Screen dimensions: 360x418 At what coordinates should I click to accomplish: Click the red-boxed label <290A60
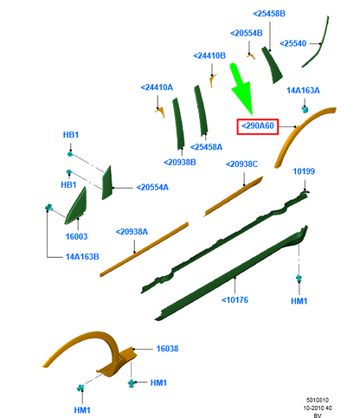tap(258, 126)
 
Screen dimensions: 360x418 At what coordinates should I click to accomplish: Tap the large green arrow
tap(241, 88)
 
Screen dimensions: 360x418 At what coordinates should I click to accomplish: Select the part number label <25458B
tap(269, 14)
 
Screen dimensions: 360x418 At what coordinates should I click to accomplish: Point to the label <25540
tap(292, 43)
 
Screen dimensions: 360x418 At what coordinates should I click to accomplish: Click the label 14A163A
tap(303, 91)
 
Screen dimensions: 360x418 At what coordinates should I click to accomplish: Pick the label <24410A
tap(157, 87)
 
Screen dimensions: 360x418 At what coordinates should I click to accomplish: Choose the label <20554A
tap(152, 188)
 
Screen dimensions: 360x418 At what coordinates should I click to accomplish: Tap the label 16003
tap(76, 236)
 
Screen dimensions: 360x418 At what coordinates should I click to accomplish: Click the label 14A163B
tap(82, 257)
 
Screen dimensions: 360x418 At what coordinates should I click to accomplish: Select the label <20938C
tap(241, 164)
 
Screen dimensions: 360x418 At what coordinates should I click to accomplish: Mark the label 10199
tap(304, 171)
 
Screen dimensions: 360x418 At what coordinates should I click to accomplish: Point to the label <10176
tap(235, 300)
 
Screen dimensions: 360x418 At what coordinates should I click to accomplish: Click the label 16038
tap(167, 349)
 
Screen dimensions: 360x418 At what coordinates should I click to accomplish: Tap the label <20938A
tap(132, 232)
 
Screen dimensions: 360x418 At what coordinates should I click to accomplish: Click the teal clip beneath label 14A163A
tap(305, 109)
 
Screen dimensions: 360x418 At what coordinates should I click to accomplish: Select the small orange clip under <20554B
tap(251, 56)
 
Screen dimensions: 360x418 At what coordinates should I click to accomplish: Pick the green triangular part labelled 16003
tap(76, 207)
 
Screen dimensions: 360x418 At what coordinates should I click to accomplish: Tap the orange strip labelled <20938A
tap(145, 249)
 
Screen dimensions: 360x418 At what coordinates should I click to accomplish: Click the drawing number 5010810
tap(318, 400)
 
